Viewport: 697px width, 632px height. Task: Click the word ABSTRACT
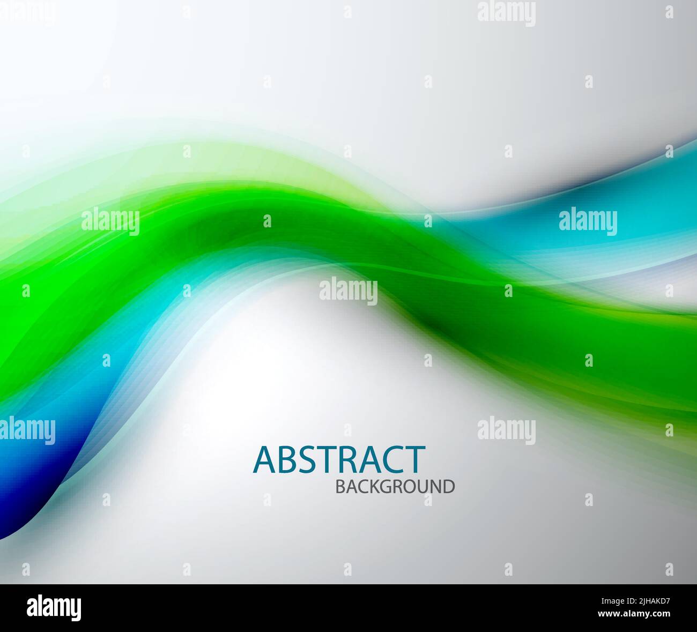pyautogui.click(x=339, y=459)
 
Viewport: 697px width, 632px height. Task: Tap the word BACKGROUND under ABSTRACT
pyautogui.click(x=395, y=487)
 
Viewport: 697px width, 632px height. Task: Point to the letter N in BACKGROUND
pyautogui.click(x=435, y=487)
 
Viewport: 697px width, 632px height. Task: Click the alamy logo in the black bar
pyautogui.click(x=54, y=608)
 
